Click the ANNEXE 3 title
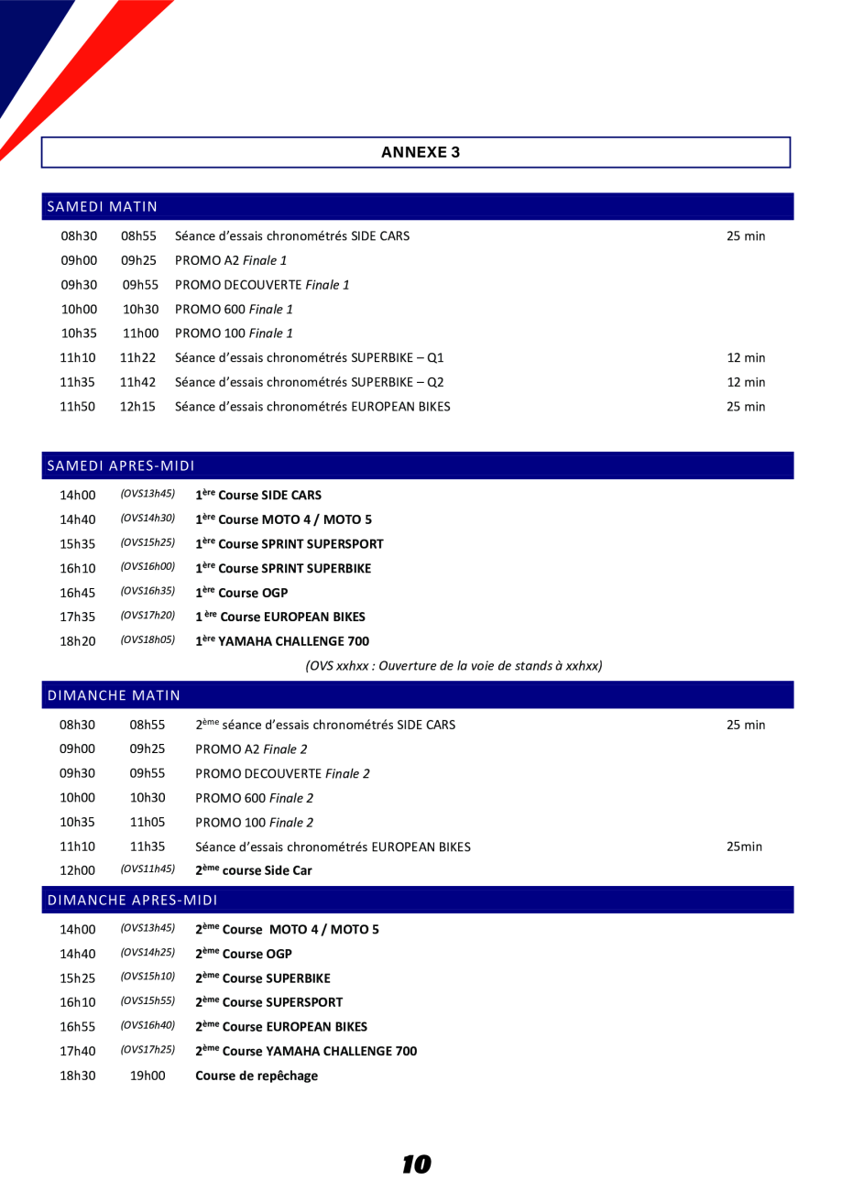[x=420, y=152]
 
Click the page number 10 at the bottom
[x=416, y=1164]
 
